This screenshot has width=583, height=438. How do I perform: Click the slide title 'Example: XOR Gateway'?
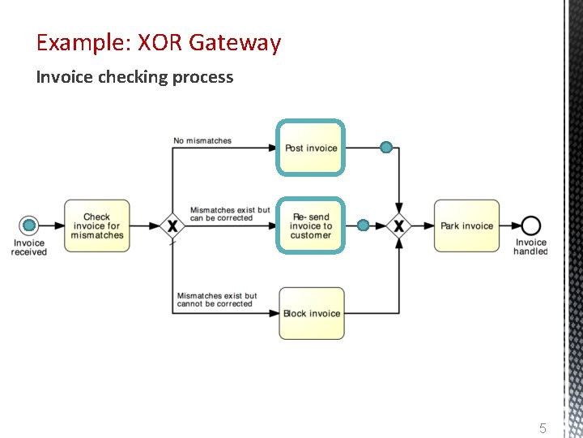click(159, 42)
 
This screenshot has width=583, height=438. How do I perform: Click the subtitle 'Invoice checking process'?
click(134, 78)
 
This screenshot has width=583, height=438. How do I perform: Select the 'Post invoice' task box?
click(311, 148)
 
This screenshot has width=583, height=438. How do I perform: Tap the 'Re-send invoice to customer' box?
click(311, 225)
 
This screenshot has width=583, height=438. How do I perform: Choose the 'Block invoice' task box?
click(311, 313)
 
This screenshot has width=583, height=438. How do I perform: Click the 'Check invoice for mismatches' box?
click(96, 225)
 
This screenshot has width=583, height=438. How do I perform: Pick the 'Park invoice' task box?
click(466, 225)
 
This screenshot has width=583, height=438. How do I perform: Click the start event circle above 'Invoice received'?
click(29, 225)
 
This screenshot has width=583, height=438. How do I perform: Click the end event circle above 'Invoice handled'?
click(531, 225)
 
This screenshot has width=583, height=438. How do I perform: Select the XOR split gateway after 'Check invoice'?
click(172, 225)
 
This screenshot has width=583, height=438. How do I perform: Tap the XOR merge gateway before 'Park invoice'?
click(398, 225)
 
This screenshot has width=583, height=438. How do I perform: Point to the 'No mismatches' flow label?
click(202, 141)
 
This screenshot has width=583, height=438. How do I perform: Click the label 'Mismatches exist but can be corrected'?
click(230, 214)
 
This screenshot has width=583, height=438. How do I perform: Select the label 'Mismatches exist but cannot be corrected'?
click(217, 300)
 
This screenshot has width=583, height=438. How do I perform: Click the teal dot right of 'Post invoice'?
click(386, 148)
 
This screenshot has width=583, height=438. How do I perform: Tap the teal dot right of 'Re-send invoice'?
click(364, 225)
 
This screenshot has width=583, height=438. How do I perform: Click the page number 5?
click(543, 428)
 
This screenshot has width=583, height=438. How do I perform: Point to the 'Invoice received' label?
click(29, 247)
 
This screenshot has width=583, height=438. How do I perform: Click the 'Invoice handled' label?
click(530, 247)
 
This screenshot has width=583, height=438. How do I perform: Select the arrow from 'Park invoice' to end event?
click(510, 225)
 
